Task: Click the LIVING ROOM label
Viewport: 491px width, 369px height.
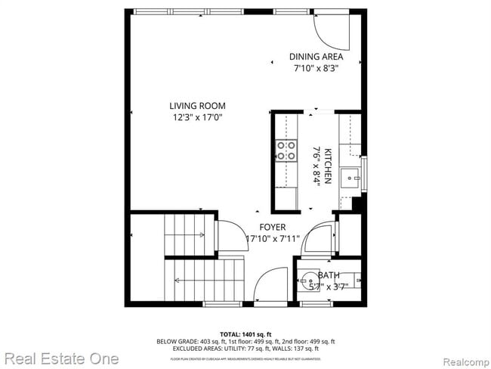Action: pyautogui.click(x=197, y=106)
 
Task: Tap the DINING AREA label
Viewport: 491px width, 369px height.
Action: pyautogui.click(x=317, y=57)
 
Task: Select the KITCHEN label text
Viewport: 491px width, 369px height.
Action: pyautogui.click(x=328, y=165)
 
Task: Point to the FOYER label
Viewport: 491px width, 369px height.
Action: pyautogui.click(x=273, y=227)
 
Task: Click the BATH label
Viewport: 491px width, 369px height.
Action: pyautogui.click(x=329, y=275)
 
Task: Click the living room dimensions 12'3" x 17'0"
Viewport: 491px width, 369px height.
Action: pyautogui.click(x=197, y=117)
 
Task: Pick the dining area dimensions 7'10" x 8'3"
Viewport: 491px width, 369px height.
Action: pyautogui.click(x=317, y=68)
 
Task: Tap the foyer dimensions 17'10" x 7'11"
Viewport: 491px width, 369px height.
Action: pyautogui.click(x=273, y=239)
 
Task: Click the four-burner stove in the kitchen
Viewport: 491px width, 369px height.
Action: pyautogui.click(x=286, y=150)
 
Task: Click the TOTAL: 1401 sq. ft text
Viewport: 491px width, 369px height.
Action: pyautogui.click(x=246, y=333)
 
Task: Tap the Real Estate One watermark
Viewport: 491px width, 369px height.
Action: pyautogui.click(x=60, y=358)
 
